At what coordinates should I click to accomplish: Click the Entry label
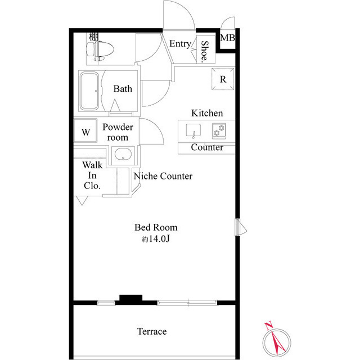point(179,44)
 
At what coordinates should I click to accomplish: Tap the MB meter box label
point(228,38)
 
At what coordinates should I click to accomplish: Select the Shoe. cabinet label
point(205,52)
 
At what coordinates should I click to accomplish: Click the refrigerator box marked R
point(223,79)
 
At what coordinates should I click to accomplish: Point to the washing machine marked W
point(85,133)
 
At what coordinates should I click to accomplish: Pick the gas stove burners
point(219,131)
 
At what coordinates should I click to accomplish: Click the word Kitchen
point(207,113)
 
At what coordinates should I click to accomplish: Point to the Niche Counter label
point(163,176)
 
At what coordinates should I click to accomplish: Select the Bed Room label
point(156,227)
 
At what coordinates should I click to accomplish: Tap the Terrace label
point(152,331)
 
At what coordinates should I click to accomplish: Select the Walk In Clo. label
point(93,175)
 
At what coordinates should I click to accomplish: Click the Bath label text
point(123,89)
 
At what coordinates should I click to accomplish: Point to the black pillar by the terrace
point(130,299)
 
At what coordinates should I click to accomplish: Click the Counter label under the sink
point(207,148)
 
